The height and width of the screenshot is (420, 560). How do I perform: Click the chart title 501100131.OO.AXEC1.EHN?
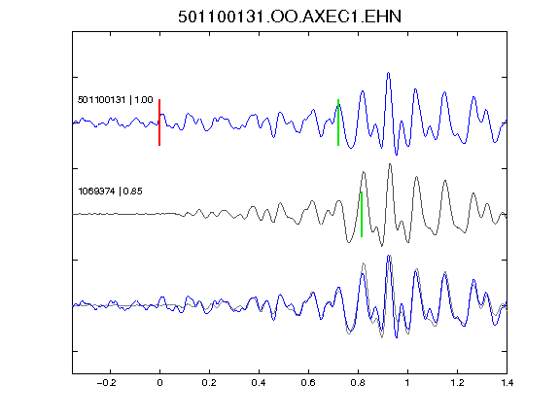point(290,17)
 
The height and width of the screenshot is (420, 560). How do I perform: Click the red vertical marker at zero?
point(159,122)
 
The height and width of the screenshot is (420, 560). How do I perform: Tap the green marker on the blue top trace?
point(338,122)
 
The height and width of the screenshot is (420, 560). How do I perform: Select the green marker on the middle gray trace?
point(362,214)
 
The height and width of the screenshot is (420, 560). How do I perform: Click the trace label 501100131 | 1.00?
point(116,99)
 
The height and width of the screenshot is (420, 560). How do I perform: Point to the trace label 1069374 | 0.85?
point(111,192)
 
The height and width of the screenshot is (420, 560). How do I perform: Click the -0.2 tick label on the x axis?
point(107,383)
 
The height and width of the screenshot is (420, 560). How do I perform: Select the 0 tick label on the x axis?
point(159,383)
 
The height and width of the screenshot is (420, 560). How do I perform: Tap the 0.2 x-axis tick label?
point(209,383)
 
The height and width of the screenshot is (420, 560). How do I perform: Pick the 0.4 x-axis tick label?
point(259,383)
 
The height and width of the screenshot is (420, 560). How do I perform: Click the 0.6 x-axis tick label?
point(308,383)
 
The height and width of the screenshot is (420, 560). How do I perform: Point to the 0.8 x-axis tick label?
point(358,383)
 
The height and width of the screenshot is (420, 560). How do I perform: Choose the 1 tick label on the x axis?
point(407,383)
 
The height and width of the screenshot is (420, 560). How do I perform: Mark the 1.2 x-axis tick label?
point(457,383)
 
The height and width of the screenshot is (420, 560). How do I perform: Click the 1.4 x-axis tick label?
point(507,383)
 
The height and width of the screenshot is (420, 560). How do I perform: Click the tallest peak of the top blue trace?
point(388,73)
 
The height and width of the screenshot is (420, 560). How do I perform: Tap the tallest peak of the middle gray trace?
point(390,164)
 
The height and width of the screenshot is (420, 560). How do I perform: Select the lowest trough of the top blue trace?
point(396,155)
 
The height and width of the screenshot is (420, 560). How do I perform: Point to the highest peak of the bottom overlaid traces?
point(389,256)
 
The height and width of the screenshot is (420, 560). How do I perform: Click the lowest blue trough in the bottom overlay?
point(396,337)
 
